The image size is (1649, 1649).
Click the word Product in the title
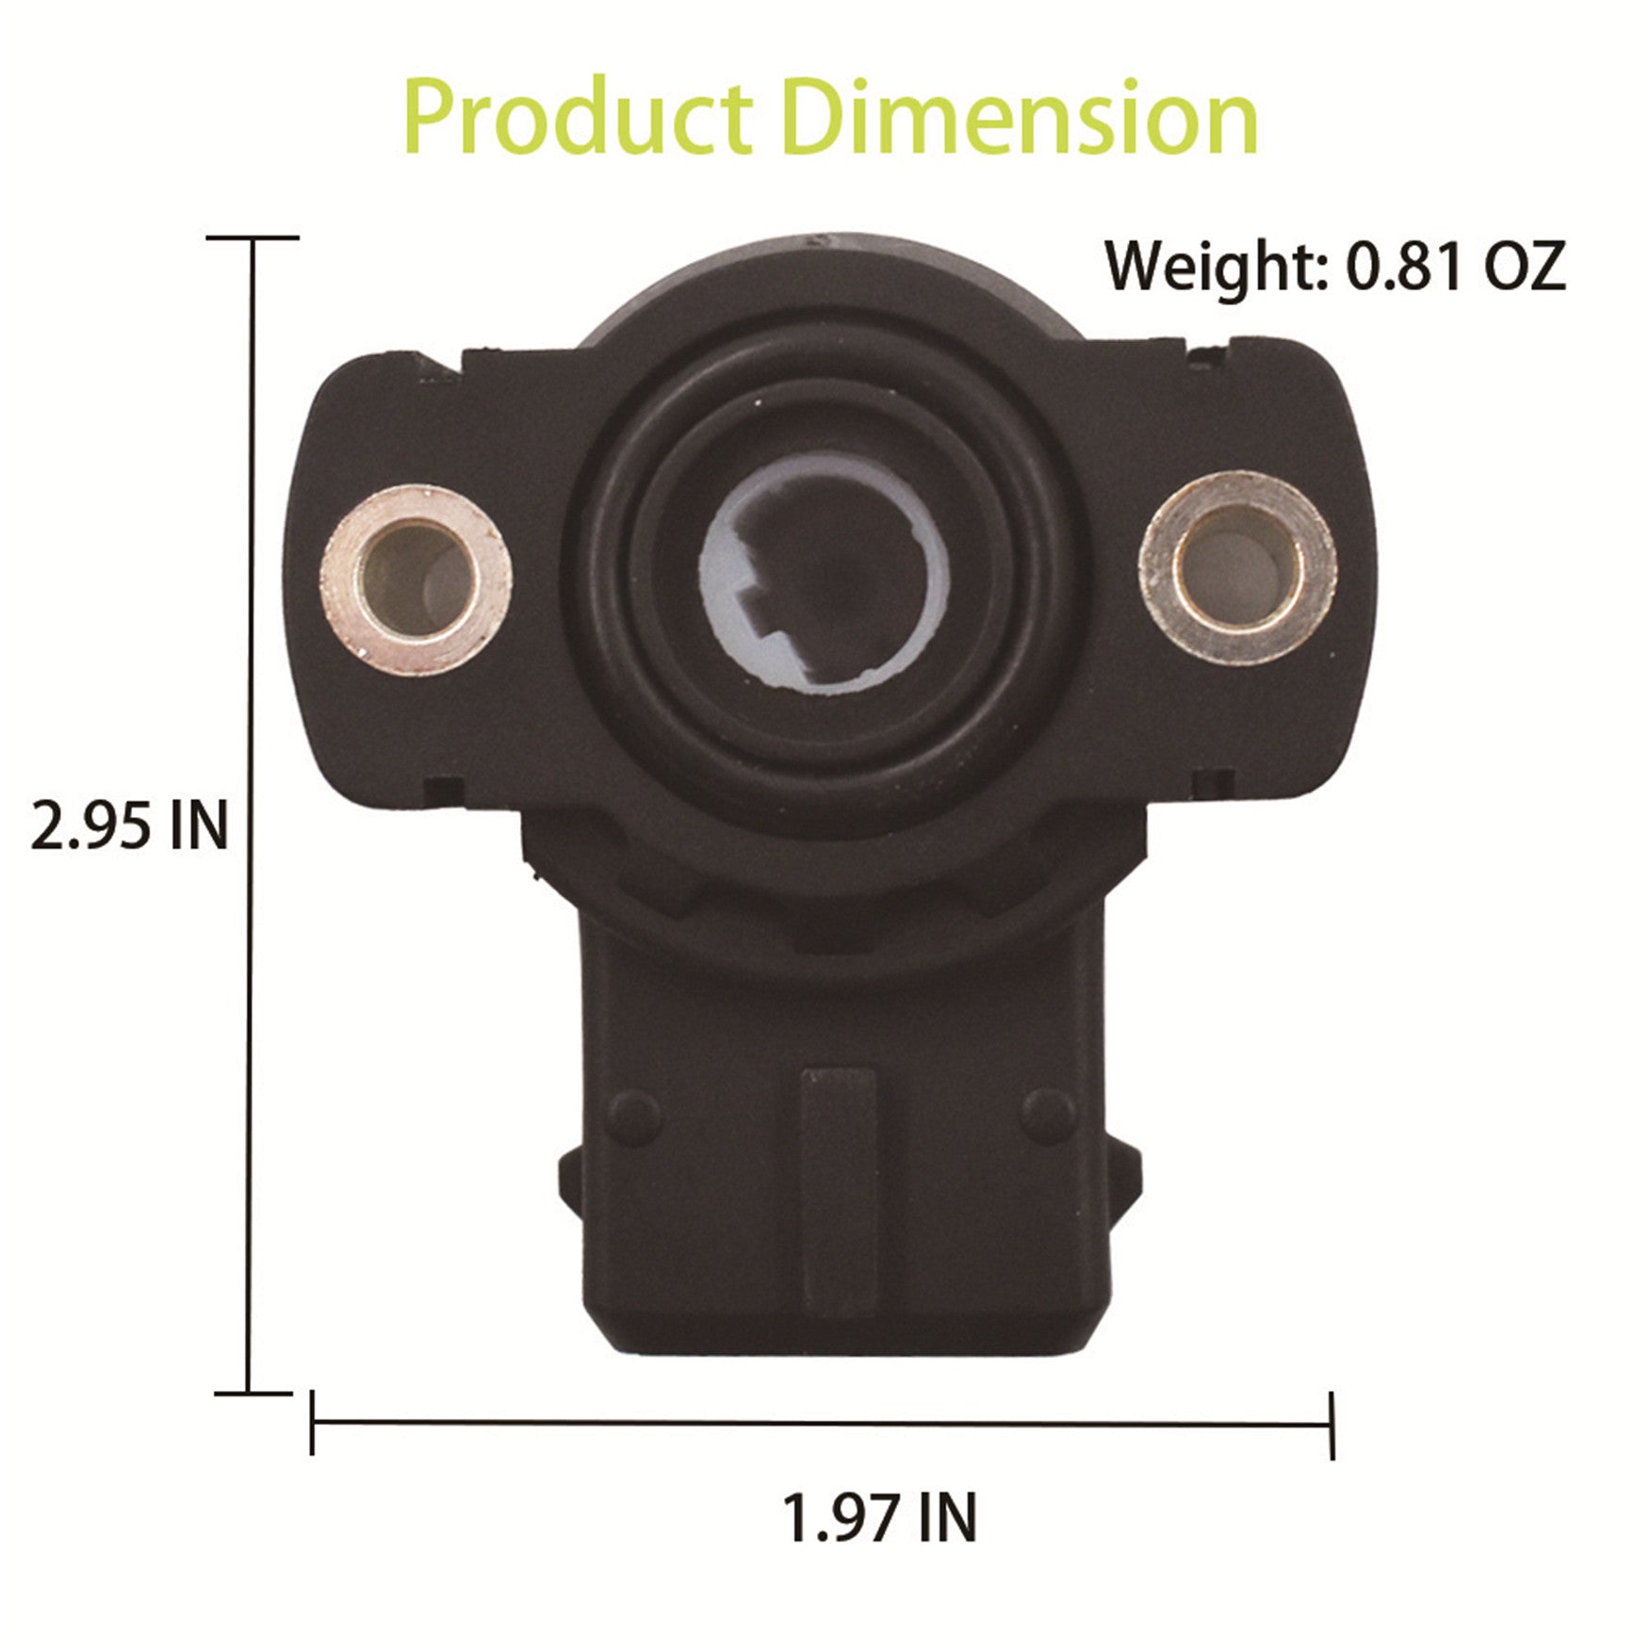tap(577, 120)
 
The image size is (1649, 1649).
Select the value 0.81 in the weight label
tap(1403, 266)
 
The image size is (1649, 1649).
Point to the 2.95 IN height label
tap(130, 825)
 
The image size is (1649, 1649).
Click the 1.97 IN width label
tap(880, 1516)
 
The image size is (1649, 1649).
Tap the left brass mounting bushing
tap(416, 580)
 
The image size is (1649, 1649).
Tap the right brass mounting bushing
tap(1237, 566)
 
